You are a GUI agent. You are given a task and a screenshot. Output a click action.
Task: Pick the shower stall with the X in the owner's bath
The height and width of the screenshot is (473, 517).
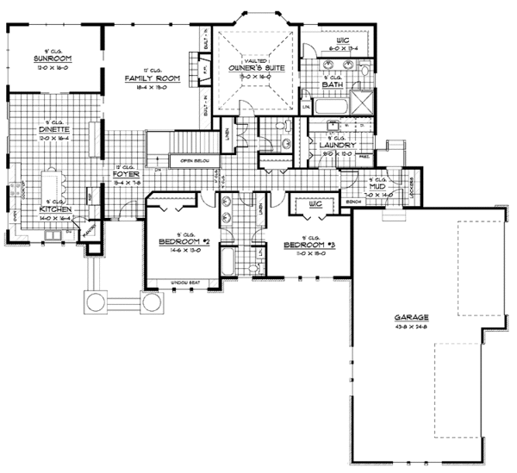click(365, 106)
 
